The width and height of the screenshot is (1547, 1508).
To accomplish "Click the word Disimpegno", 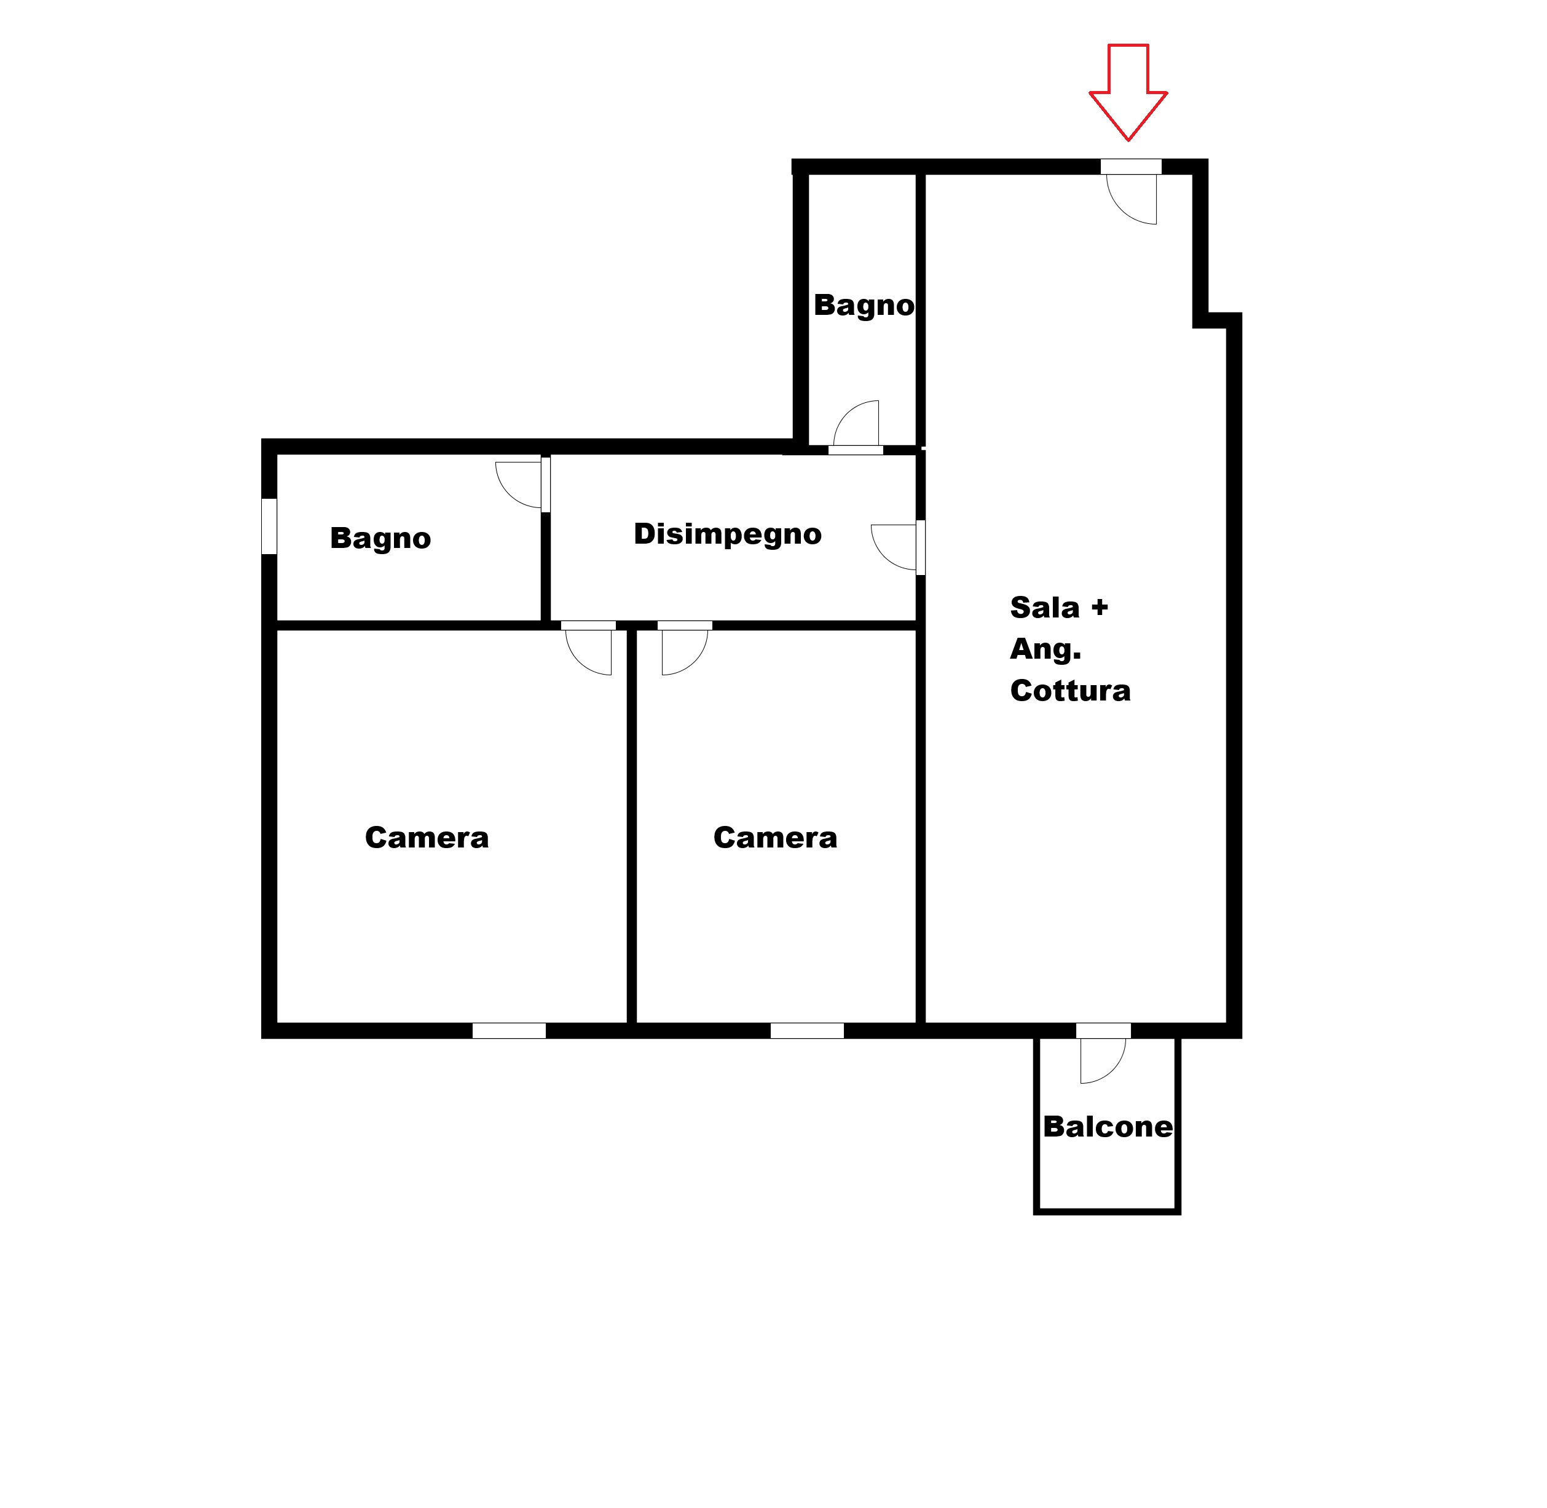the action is point(728,534).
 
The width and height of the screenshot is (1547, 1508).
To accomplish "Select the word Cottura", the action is point(1071,691).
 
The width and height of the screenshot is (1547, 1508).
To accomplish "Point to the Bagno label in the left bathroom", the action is point(380,539).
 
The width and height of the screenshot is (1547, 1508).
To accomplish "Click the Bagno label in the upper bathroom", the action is point(864,306).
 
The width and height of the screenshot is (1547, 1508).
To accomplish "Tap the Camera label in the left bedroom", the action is point(427,838).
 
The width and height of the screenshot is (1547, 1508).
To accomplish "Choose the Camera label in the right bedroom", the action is point(775,838).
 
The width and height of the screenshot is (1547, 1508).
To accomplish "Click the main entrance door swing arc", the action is point(1120,211).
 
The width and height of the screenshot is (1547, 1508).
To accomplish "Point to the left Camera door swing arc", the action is point(579,663).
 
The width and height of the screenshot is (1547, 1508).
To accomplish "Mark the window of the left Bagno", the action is point(269,526).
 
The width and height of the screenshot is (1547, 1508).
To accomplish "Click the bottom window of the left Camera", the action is point(509,1030).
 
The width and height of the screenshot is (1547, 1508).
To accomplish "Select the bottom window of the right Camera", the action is point(807,1030).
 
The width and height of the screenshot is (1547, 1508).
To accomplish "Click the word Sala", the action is point(1045,608).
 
